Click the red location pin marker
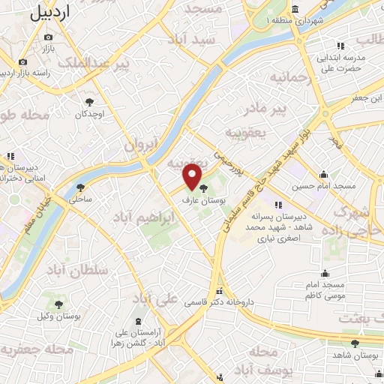[x=193, y=176]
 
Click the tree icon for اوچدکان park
[x=90, y=101]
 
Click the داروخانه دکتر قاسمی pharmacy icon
[x=218, y=291]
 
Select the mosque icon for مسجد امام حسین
[x=323, y=174]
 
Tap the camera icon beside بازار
[x=23, y=61]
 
